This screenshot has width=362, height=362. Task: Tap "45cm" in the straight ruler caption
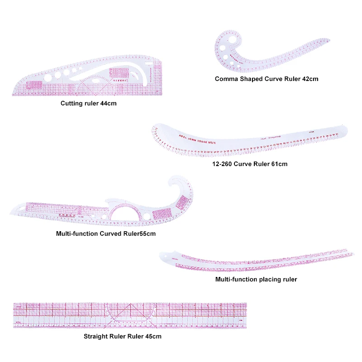point(152,336)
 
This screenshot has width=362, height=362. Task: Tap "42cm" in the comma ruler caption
point(310,79)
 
